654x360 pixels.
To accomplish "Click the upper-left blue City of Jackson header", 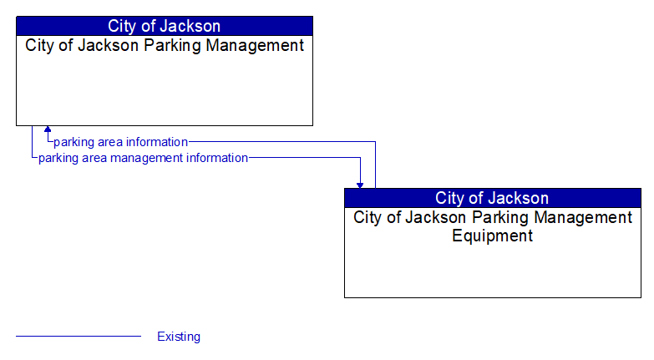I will click(165, 26).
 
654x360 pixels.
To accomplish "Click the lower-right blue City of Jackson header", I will click(492, 198).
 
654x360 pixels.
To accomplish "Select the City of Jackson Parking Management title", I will click(165, 46).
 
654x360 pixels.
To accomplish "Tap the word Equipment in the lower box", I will click(492, 236).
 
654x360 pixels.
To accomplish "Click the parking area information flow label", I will click(120, 142).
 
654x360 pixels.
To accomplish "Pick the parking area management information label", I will click(143, 158).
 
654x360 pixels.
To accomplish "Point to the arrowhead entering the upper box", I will click(48, 130).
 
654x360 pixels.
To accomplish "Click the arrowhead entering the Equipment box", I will click(360, 184).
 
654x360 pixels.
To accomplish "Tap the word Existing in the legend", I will click(179, 337).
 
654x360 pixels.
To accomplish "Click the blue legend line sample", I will click(79, 336).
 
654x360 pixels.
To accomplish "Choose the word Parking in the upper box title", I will click(170, 46).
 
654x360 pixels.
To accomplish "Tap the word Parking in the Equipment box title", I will click(499, 218).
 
